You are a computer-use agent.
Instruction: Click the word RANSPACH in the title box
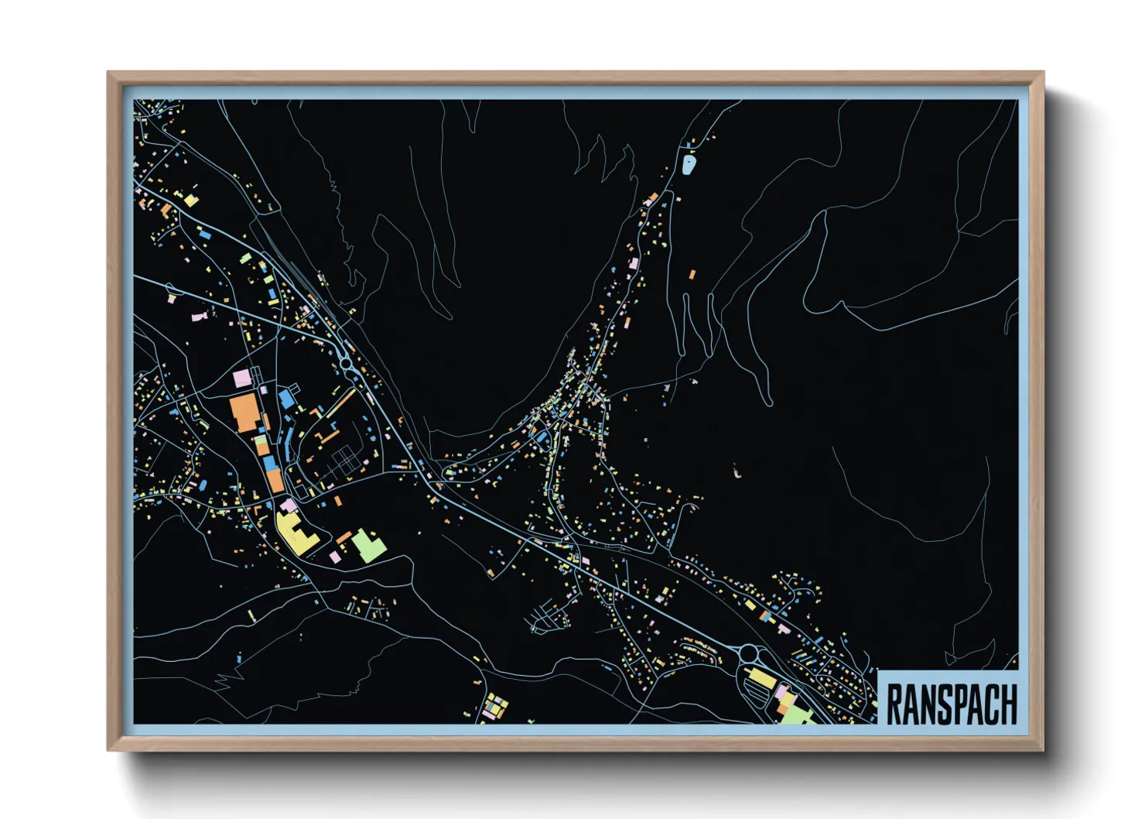point(951,704)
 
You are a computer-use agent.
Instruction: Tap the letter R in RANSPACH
point(894,704)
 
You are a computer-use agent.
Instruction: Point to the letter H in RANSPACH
point(1008,704)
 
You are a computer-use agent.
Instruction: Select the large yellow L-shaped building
point(294,533)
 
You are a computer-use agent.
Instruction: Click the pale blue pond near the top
point(689,164)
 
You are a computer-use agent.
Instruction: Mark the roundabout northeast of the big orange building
point(346,362)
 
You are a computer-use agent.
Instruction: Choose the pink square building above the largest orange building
point(242,379)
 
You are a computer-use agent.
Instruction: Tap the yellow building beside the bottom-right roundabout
point(761,680)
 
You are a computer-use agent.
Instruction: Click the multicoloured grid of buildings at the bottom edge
point(494,707)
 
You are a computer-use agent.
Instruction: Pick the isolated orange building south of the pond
point(692,273)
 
